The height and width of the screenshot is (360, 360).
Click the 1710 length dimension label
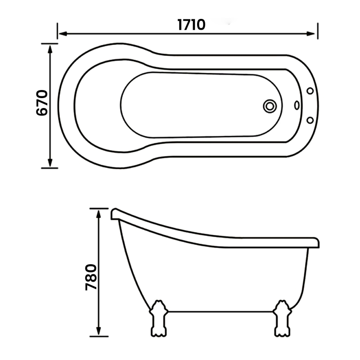191,25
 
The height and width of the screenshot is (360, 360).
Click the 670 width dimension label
42,103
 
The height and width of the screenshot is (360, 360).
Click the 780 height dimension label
91,277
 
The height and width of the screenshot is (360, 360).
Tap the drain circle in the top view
270,106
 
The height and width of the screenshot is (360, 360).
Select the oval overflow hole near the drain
297,105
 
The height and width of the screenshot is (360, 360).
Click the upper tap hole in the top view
310,91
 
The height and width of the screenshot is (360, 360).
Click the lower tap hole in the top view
310,120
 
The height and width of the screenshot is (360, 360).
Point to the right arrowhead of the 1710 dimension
311,34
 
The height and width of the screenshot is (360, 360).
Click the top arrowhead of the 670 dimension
50,49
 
